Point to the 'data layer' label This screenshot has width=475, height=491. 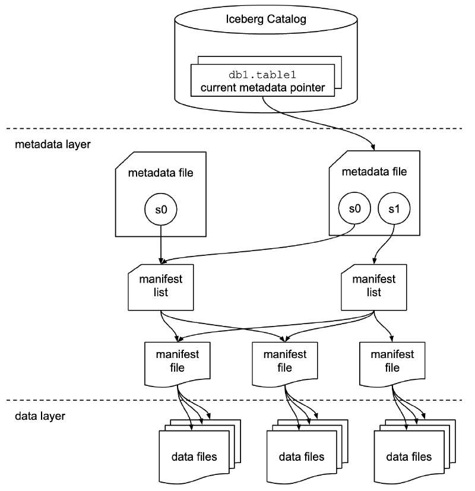(40, 416)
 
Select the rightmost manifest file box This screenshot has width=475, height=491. (392, 363)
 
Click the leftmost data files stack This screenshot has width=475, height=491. (194, 456)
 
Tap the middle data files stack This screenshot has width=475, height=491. (302, 456)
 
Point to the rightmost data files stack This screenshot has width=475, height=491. (409, 456)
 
